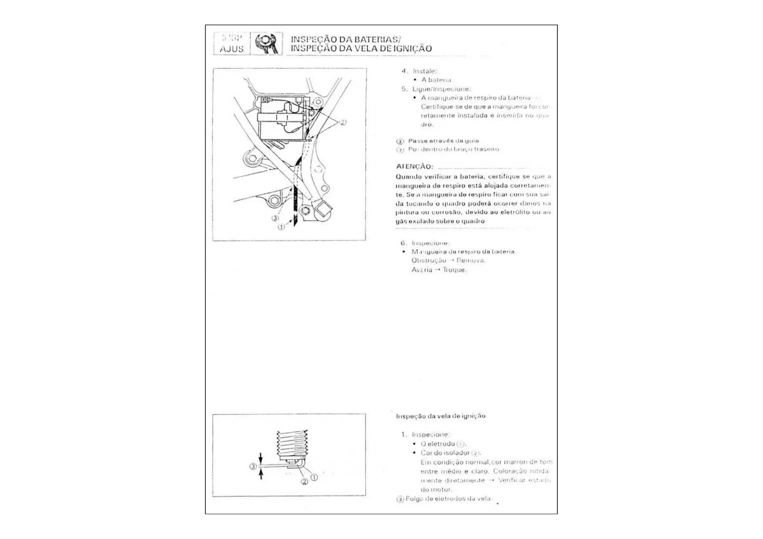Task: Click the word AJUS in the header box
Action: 231,49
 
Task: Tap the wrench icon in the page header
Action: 266,43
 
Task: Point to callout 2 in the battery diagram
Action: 342,122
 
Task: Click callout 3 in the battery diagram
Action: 275,218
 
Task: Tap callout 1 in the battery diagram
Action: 281,226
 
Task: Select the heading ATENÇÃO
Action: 414,167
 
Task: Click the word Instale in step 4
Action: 424,71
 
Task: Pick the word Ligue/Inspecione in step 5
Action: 441,89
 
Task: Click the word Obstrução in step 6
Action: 428,260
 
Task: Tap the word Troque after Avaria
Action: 454,270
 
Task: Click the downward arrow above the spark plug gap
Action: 261,457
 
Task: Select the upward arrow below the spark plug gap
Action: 261,474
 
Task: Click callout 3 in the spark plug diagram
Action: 253,466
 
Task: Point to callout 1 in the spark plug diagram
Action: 314,477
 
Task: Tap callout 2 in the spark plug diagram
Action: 304,482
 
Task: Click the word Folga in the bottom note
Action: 414,499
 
